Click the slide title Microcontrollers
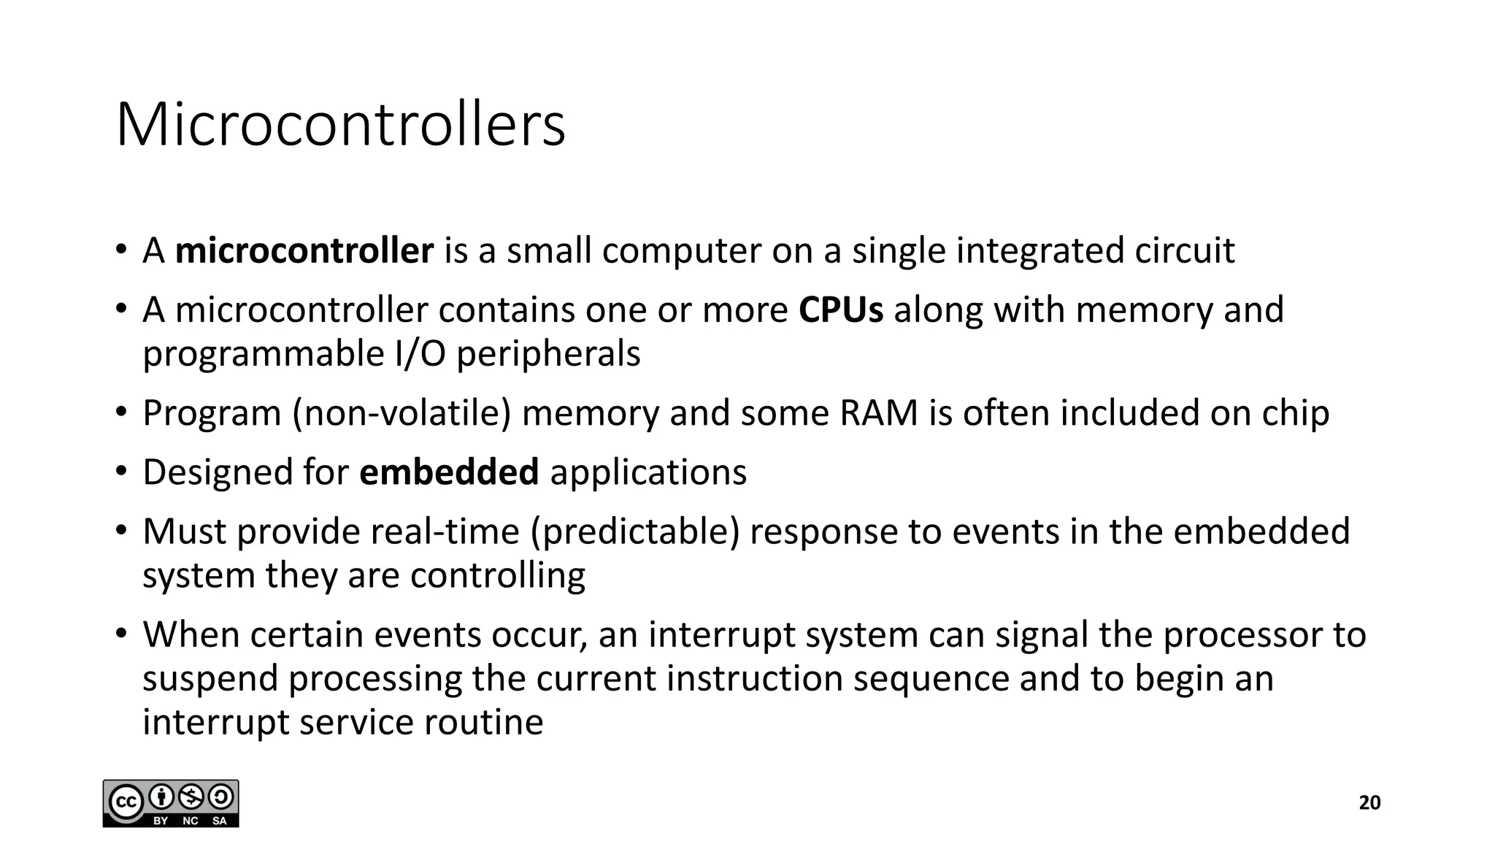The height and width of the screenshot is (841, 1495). (x=340, y=125)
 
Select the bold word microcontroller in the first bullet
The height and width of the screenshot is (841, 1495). (x=304, y=250)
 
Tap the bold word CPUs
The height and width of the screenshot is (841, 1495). (x=841, y=310)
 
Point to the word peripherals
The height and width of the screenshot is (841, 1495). (x=548, y=354)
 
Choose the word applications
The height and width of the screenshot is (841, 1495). (x=648, y=472)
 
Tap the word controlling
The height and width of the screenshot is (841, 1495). (x=497, y=575)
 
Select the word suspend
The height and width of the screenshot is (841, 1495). (x=210, y=679)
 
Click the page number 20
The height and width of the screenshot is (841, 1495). (x=1369, y=803)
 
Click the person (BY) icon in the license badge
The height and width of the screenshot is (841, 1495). (x=161, y=797)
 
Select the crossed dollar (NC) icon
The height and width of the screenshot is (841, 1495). (x=191, y=797)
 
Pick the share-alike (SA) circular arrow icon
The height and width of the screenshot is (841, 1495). (x=220, y=797)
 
